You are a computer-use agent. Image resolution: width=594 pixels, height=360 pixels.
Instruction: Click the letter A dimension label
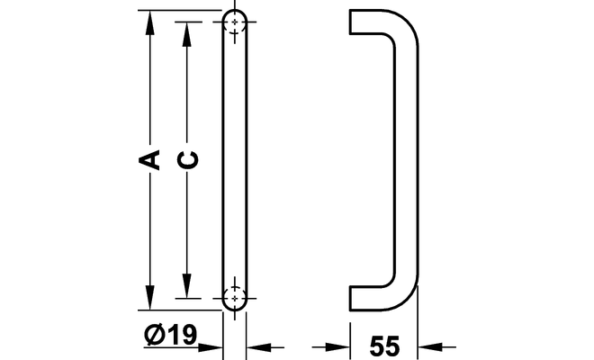click(x=148, y=160)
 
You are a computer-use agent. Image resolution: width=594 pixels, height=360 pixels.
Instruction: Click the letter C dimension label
click(x=188, y=159)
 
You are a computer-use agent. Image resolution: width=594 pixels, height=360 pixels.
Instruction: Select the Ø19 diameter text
click(x=171, y=334)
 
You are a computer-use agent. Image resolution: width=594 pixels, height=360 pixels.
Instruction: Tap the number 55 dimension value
click(x=384, y=346)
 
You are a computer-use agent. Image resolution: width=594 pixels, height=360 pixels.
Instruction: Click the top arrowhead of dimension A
click(x=150, y=22)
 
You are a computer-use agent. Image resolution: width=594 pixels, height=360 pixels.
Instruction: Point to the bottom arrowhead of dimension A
click(x=150, y=298)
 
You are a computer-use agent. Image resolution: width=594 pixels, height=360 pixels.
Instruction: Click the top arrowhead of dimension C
click(x=186, y=34)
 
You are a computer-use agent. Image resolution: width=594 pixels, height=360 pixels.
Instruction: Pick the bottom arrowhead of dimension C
click(x=186, y=285)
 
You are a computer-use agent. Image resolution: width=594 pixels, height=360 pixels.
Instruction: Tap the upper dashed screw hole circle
click(x=235, y=22)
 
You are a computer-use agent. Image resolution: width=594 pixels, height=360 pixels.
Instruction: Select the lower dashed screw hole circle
click(x=235, y=298)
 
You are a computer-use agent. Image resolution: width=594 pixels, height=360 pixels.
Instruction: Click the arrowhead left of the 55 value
click(x=337, y=346)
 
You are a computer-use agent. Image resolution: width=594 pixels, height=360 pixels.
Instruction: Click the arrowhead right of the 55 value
click(x=430, y=346)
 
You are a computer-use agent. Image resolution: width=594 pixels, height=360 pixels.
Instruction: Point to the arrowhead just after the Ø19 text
click(x=211, y=346)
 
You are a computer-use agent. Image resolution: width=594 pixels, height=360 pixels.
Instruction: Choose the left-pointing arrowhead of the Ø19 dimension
click(x=258, y=346)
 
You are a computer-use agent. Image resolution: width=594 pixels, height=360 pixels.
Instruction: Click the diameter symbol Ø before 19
click(x=154, y=334)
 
